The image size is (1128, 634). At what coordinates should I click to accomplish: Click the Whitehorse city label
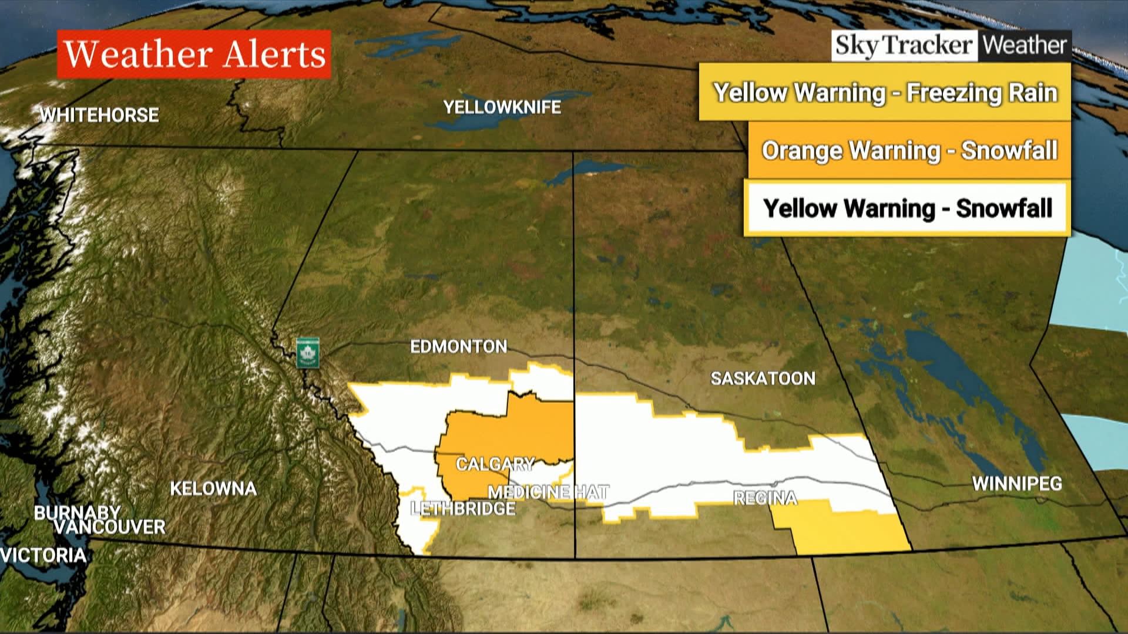(x=99, y=114)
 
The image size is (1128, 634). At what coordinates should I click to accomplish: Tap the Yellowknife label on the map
(x=502, y=107)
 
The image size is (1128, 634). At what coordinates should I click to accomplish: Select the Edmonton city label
(x=458, y=346)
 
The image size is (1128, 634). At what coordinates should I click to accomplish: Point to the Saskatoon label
(x=763, y=378)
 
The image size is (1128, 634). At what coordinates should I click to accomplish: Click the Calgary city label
(x=495, y=464)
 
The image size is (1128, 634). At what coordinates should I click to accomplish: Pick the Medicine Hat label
(x=548, y=492)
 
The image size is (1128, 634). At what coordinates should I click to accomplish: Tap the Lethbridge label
(x=463, y=508)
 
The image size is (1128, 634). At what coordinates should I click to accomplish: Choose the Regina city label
(x=765, y=498)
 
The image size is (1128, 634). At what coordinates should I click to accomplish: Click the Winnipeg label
(x=1017, y=484)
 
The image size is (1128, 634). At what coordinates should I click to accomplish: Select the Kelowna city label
(x=213, y=488)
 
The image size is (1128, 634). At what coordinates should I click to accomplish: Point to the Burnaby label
(x=77, y=512)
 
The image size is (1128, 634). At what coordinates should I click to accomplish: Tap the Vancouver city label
(x=110, y=527)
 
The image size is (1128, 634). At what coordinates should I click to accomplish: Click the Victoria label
(x=43, y=555)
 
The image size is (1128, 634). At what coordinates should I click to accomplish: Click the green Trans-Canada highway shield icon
(x=307, y=353)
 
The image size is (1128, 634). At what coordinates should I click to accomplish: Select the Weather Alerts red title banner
(x=194, y=54)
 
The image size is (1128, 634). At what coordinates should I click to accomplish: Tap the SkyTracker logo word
(x=904, y=45)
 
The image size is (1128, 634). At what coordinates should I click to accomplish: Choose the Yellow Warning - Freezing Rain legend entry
(x=885, y=92)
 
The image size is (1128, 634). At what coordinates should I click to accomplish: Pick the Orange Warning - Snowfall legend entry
(x=909, y=150)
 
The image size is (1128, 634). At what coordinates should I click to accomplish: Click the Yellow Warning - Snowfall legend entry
(x=907, y=208)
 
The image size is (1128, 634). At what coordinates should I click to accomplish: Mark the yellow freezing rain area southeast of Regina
(x=846, y=531)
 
